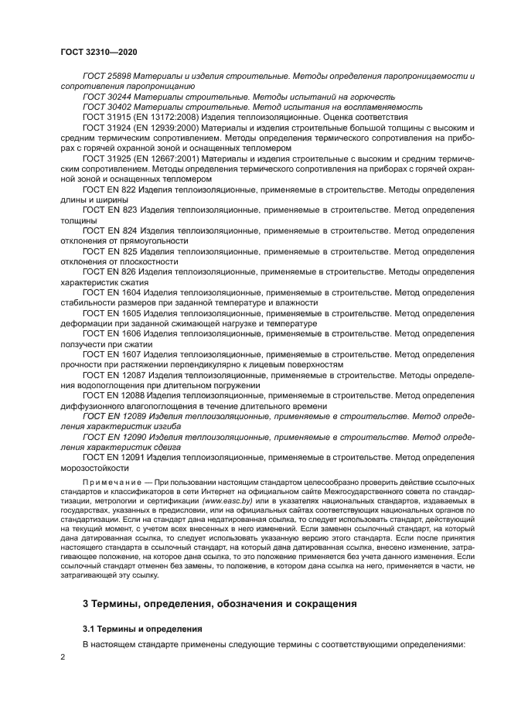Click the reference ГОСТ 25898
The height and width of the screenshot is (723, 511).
pyautogui.click(x=107, y=77)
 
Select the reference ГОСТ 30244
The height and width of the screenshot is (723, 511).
pyautogui.click(x=107, y=97)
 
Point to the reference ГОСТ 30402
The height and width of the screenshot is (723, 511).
pyautogui.click(x=107, y=107)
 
